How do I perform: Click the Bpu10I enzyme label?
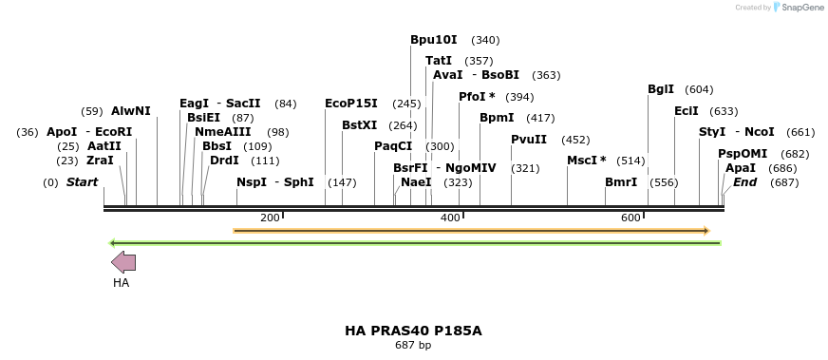[x=433, y=40]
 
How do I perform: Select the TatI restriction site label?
[x=439, y=61]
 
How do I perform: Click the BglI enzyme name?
[x=660, y=89]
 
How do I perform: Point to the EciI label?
[x=686, y=111]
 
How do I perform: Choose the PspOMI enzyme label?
[x=743, y=154]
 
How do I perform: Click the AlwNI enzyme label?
[x=131, y=111]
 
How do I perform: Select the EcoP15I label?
[x=350, y=104]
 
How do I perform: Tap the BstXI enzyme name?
[x=359, y=125]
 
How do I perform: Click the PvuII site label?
[x=529, y=140]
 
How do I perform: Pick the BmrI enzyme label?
[x=621, y=182]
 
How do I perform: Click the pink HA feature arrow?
[x=123, y=263]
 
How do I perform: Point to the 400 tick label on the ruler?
[x=451, y=218]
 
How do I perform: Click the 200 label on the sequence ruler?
[x=270, y=218]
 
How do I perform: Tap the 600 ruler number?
[x=631, y=218]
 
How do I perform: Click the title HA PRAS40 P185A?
[x=413, y=331]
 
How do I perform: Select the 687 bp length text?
[x=413, y=345]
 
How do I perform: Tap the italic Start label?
[x=82, y=182]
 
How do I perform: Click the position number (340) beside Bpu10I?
[x=485, y=40]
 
